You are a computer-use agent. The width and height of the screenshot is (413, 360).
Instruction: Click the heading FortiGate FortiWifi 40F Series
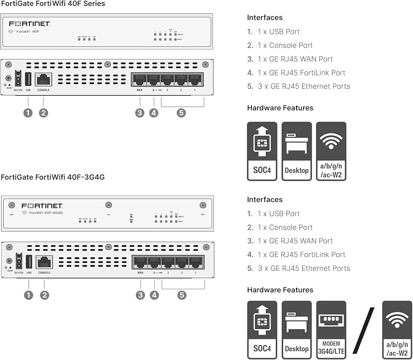(53, 4)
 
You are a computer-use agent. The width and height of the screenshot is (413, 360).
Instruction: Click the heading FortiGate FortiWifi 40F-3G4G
(49, 177)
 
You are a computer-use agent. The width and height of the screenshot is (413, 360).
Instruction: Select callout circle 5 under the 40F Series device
(181, 113)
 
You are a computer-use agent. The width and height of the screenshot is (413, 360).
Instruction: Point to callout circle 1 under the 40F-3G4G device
(29, 295)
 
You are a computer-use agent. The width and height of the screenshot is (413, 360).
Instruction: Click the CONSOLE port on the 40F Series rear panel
(43, 79)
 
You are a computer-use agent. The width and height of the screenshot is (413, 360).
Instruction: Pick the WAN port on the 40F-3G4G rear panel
(140, 262)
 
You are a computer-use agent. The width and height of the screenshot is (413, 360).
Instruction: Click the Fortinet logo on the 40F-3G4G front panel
(42, 205)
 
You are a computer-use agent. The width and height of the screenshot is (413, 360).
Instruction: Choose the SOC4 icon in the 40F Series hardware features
(262, 151)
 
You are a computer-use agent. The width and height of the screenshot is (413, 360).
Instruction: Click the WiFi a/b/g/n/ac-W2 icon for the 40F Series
(331, 151)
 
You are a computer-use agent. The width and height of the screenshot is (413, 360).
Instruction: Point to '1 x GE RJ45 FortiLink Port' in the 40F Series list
(301, 73)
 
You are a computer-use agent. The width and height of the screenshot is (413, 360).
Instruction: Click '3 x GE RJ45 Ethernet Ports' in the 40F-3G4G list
(304, 268)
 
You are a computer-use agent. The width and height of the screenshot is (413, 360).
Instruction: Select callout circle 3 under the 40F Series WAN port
(140, 113)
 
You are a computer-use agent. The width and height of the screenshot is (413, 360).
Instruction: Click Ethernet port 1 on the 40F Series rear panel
(195, 79)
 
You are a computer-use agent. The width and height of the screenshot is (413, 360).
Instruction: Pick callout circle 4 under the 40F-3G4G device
(154, 295)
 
